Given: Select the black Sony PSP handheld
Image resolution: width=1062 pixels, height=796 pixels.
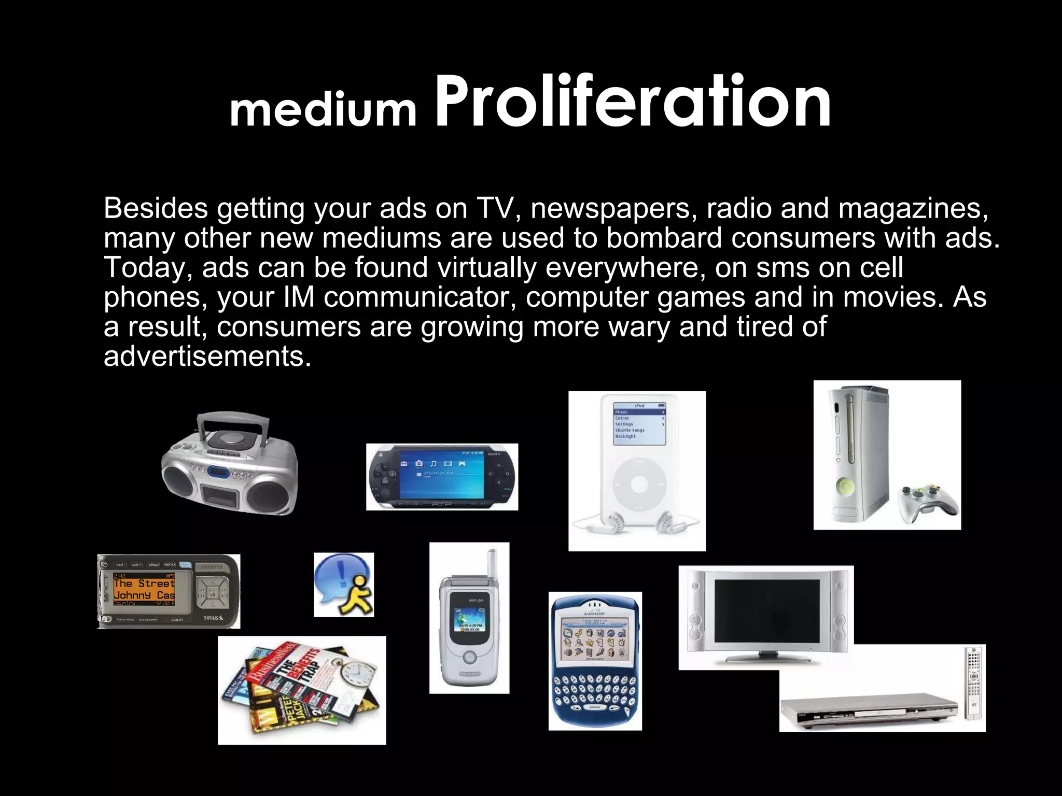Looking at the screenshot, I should pyautogui.click(x=442, y=477).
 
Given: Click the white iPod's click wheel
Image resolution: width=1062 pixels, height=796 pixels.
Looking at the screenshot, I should pyautogui.click(x=638, y=485).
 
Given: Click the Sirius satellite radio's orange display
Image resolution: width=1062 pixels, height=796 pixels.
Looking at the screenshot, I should pyautogui.click(x=144, y=589).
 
